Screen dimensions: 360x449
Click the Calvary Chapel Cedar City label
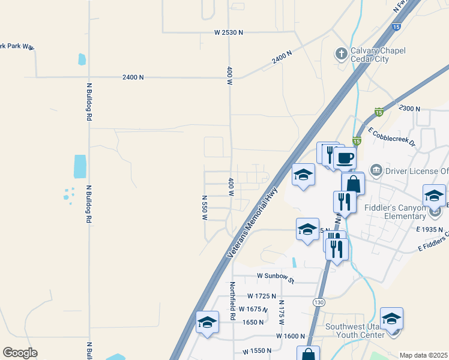click(x=379, y=55)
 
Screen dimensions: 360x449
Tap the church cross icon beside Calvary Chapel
click(x=340, y=54)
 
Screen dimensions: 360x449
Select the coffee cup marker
click(x=345, y=159)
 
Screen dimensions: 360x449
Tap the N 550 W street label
click(x=204, y=208)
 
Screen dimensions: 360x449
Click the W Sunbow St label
click(x=275, y=276)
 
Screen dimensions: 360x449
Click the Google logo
click(x=20, y=353)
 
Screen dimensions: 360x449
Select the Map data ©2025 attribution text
click(x=423, y=355)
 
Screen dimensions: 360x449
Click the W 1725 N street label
click(x=261, y=296)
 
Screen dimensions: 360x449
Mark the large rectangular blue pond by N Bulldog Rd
click(x=80, y=167)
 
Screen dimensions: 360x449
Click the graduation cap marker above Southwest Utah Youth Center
click(x=391, y=319)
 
